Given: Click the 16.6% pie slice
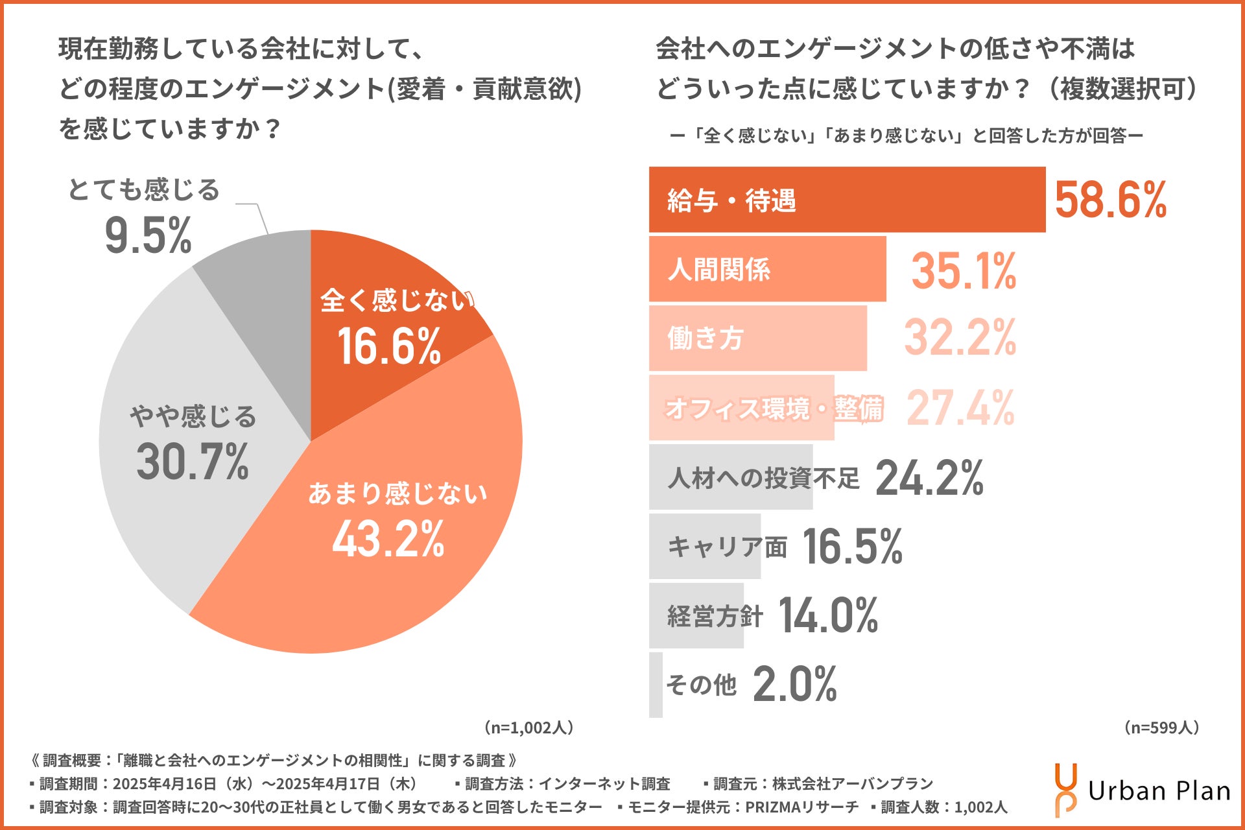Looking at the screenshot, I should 389,324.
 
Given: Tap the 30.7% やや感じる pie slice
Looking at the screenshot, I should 188,447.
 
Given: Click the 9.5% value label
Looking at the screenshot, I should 148,236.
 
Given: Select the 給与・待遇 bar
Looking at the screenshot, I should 847,200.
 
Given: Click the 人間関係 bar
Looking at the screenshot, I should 767,269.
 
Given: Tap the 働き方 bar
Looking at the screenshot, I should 757,338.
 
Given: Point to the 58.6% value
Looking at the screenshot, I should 1110,200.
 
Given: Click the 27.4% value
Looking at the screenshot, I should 960,408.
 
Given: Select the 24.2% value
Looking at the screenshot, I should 929,478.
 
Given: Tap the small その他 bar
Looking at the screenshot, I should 656,685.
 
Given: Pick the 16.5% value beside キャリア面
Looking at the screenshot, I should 852,547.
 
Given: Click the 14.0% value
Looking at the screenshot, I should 828,615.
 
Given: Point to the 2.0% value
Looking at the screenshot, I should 795,685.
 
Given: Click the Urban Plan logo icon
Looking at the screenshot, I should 1066,790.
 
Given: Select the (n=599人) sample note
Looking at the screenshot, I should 1161,728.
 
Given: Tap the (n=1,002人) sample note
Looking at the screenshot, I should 528,728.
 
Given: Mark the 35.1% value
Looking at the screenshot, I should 964,270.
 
